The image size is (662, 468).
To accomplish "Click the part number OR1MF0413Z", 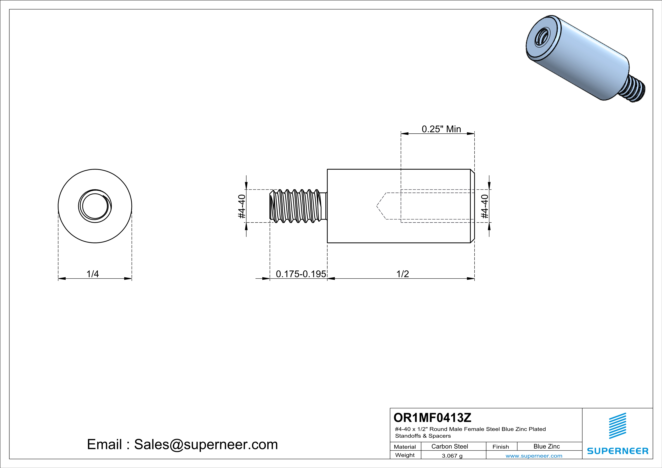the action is coord(432,418).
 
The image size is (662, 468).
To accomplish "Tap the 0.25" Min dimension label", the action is coord(442,129).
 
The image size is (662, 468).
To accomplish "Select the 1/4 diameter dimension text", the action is coord(93,274).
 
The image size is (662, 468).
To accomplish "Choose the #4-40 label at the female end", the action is coord(485,206).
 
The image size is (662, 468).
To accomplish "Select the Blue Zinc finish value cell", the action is coord(547,446).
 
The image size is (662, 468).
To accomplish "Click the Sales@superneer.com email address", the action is coord(206,444).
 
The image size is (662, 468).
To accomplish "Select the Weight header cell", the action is coord(405,455).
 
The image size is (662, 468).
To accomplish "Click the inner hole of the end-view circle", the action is coord(95,206).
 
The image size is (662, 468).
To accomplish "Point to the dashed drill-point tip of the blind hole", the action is coord(377,206).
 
